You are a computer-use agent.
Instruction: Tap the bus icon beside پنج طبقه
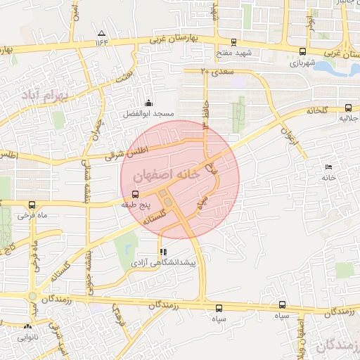(x=135, y=194)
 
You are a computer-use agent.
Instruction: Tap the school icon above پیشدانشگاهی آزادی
(x=163, y=251)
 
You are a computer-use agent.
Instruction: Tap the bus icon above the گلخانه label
(x=348, y=108)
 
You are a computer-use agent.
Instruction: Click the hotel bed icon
(x=328, y=166)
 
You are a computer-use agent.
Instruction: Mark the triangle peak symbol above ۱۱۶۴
(x=102, y=33)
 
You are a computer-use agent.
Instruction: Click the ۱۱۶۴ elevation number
(x=103, y=42)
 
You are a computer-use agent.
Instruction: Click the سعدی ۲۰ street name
(x=214, y=72)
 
